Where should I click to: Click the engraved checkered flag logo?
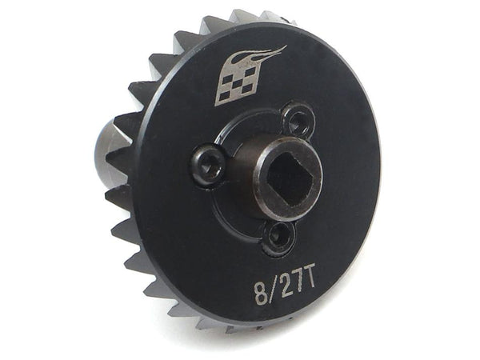(238, 82)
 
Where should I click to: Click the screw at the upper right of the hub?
(299, 122)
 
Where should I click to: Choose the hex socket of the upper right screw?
(299, 122)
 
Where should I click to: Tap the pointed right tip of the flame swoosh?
(284, 49)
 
